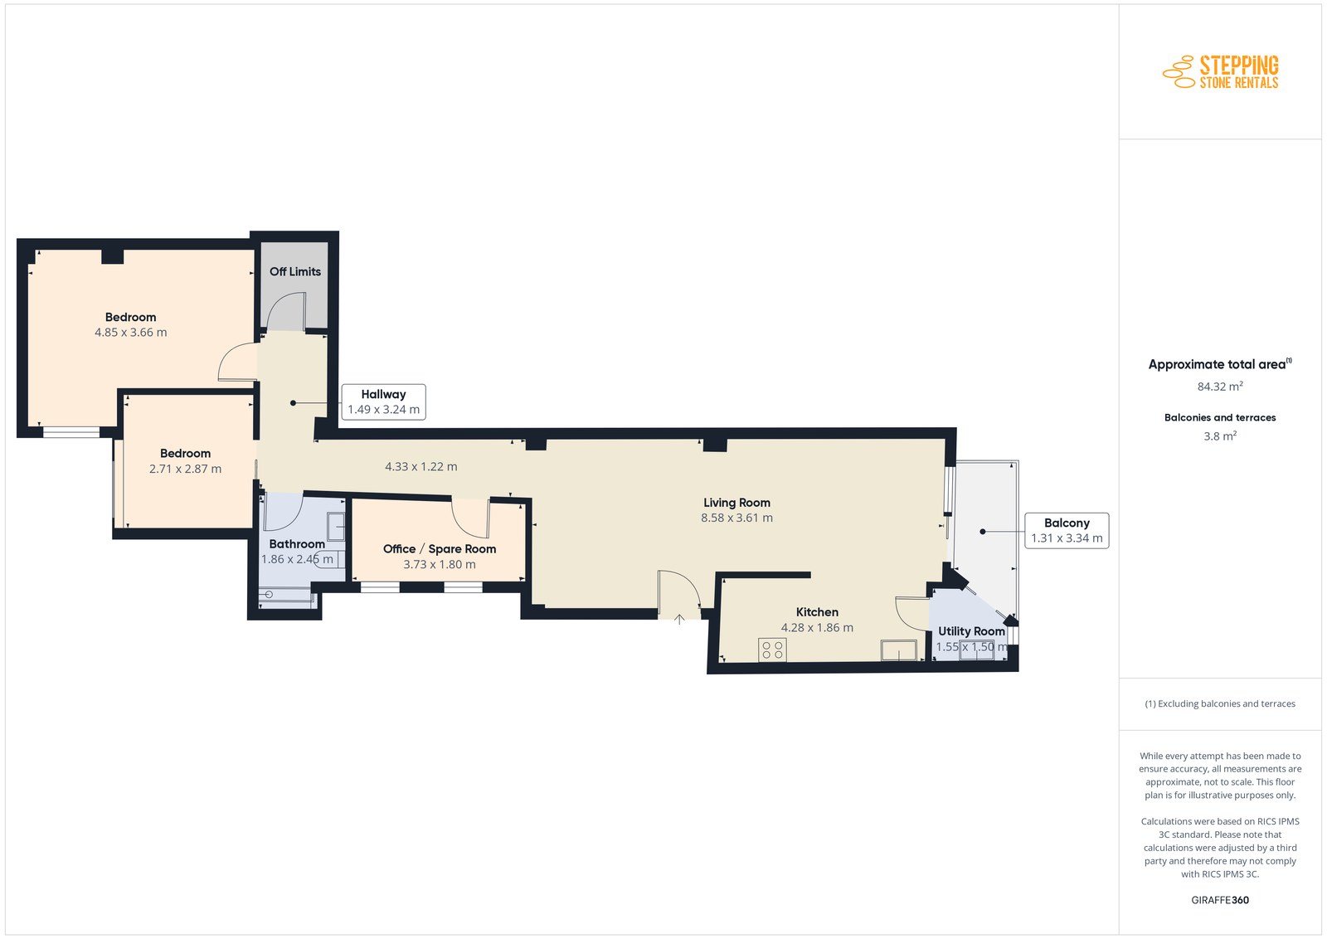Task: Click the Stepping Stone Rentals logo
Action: [x=1220, y=72]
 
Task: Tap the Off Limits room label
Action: [x=295, y=271]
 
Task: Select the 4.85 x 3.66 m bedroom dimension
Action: [x=131, y=333]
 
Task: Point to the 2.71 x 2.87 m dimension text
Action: [x=186, y=469]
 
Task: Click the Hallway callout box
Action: [x=383, y=401]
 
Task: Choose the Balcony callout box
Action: [x=1067, y=530]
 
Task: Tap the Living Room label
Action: [x=737, y=503]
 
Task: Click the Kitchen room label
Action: [x=817, y=612]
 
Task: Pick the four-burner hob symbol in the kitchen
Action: [x=772, y=650]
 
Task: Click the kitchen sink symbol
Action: [x=899, y=650]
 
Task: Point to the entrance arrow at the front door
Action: [x=679, y=619]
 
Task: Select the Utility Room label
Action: [x=971, y=631]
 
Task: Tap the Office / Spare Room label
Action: [x=440, y=548]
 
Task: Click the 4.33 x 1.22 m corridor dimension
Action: [x=421, y=466]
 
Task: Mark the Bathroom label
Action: [x=297, y=544]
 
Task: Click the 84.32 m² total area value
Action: [x=1220, y=387]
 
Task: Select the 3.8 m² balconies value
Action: [x=1220, y=436]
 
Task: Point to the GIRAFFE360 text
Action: [x=1220, y=900]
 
